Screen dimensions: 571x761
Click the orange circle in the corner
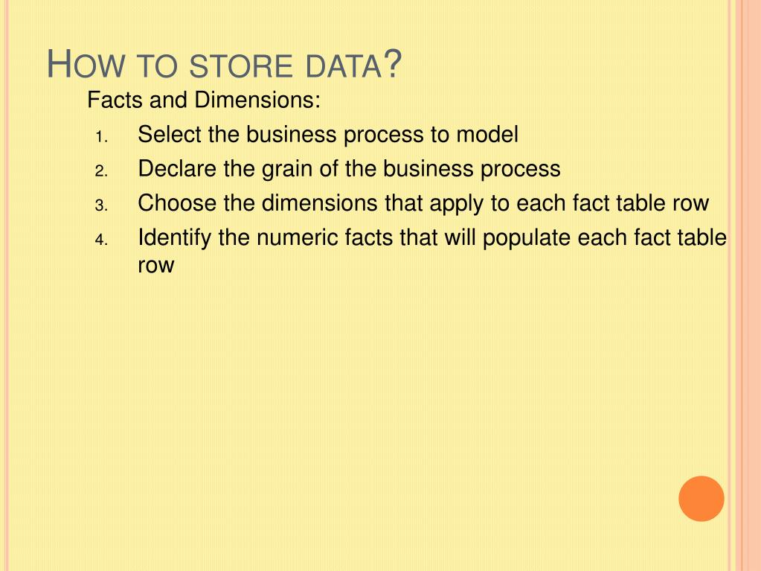pos(701,498)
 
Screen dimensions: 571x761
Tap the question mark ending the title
pos(392,63)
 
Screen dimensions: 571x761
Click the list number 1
pos(102,137)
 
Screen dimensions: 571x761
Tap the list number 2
pos(102,171)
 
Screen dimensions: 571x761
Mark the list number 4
pos(102,240)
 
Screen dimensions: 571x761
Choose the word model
pos(487,135)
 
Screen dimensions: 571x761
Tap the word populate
pos(527,238)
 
